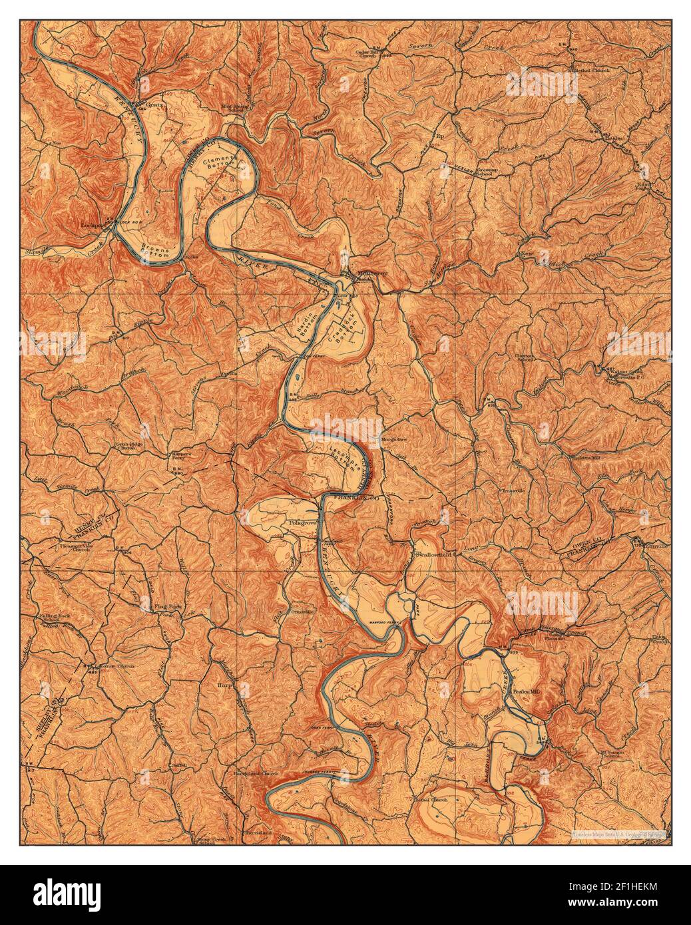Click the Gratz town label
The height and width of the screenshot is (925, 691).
154,104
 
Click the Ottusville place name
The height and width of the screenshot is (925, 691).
303,610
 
